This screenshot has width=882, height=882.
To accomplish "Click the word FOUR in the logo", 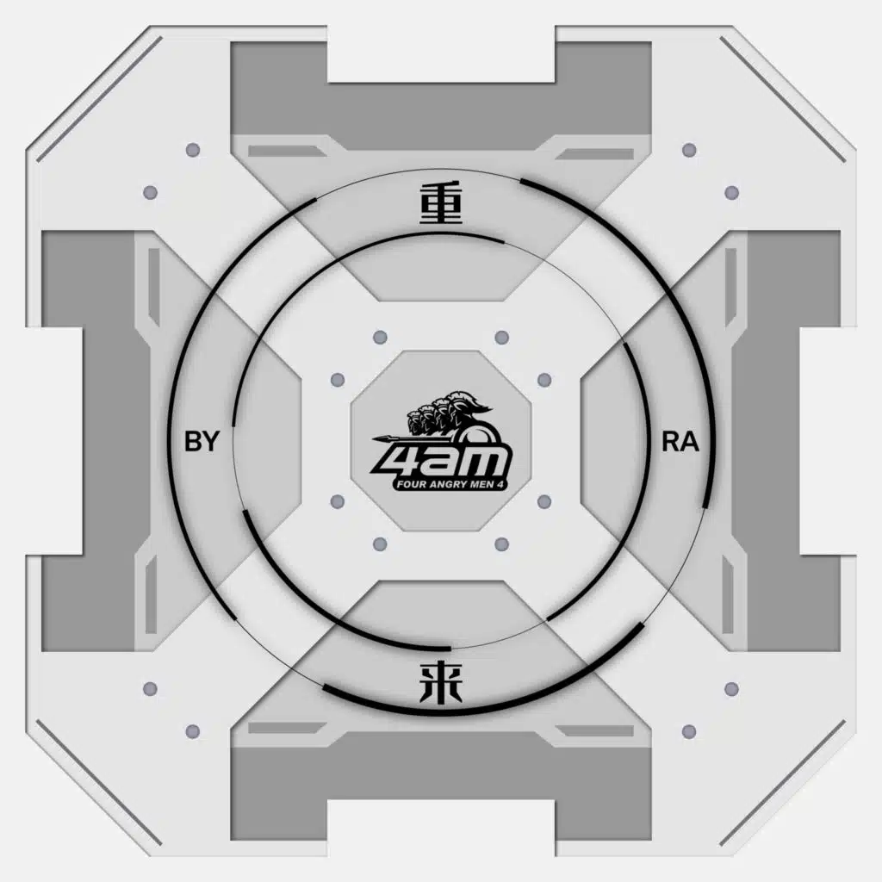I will pos(407,484).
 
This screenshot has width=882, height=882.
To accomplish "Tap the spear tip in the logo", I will pos(377,438).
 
